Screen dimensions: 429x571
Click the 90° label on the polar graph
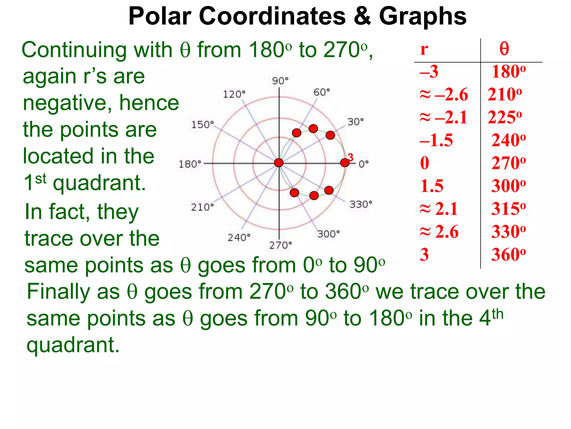point(280,81)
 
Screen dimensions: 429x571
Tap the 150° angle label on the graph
point(202,125)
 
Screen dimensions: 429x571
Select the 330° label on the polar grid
point(361,204)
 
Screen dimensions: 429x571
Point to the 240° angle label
point(239,238)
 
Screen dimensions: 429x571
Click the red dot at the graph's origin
point(279,163)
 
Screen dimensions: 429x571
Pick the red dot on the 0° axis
point(345,163)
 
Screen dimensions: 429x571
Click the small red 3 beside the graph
point(351,158)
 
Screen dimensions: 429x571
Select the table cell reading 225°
point(505,117)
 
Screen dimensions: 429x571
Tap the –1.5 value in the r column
point(436,140)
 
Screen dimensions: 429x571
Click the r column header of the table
point(424,49)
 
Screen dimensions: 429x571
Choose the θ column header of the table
point(504,49)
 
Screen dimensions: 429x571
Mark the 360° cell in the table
point(509,255)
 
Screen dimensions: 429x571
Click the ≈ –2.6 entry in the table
point(444,94)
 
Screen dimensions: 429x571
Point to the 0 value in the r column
point(425,163)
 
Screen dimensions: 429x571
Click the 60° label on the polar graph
point(321,92)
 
